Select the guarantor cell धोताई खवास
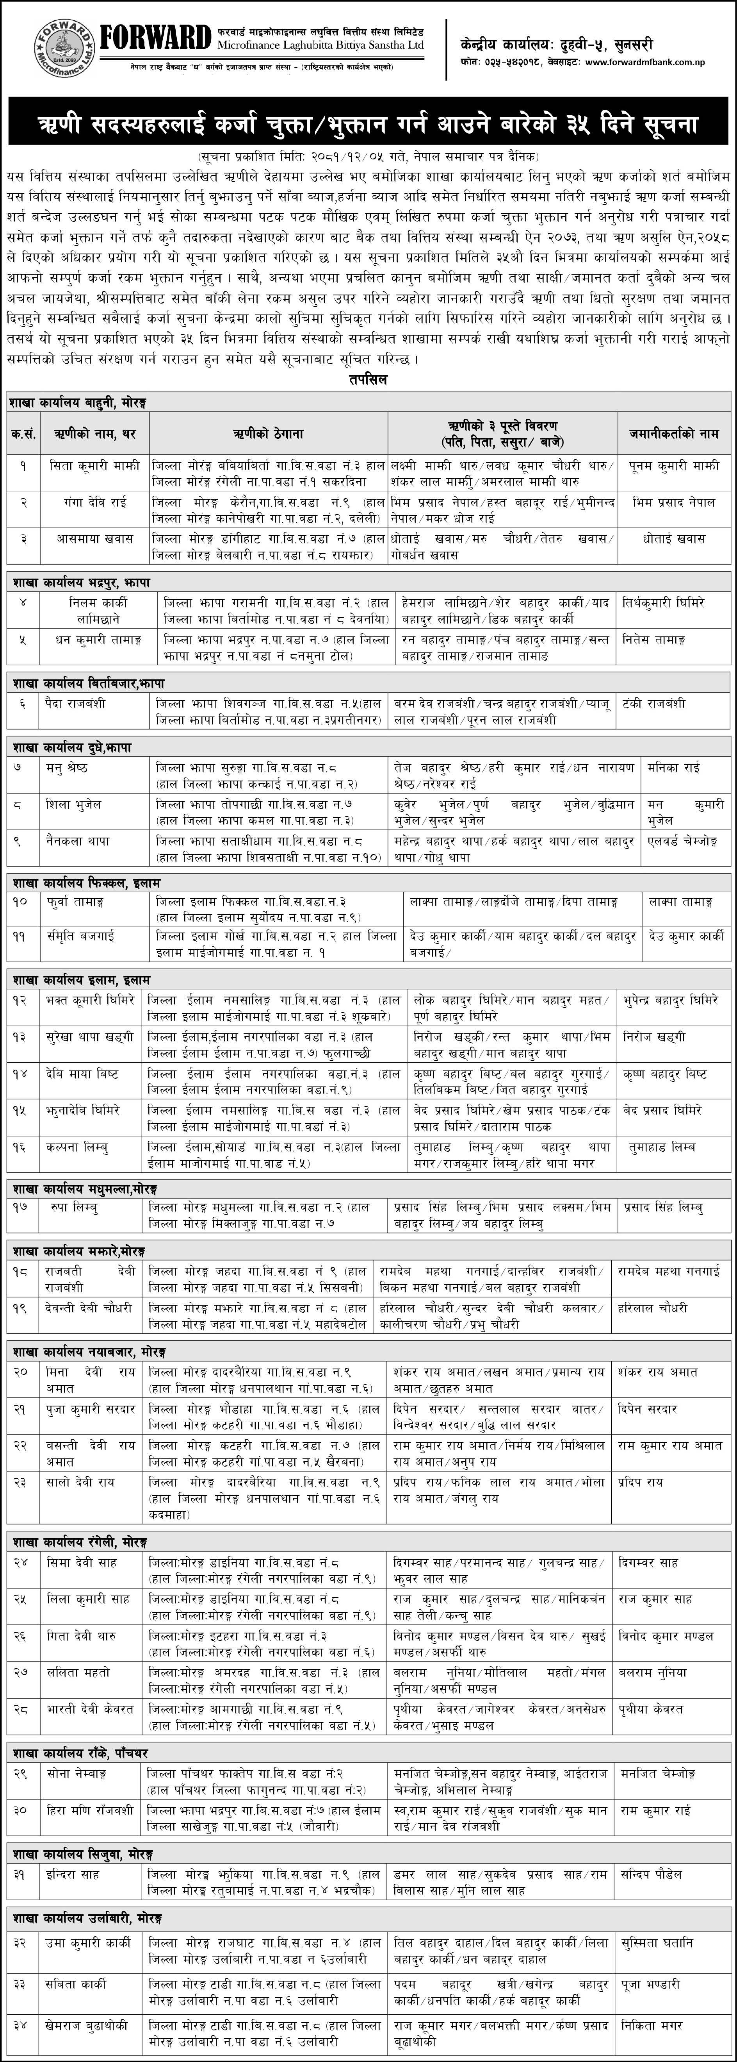(x=674, y=539)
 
